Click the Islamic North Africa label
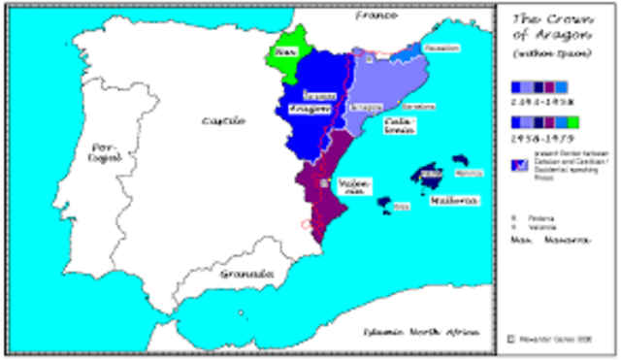pos(414,333)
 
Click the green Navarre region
pos(288,50)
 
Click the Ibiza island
pos(385,204)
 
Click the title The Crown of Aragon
pos(544,28)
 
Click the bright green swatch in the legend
pos(573,121)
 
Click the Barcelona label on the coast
pos(418,107)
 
